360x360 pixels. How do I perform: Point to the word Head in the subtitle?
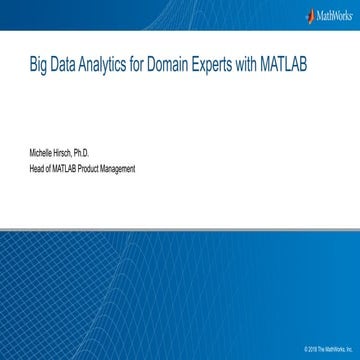click(x=36, y=169)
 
